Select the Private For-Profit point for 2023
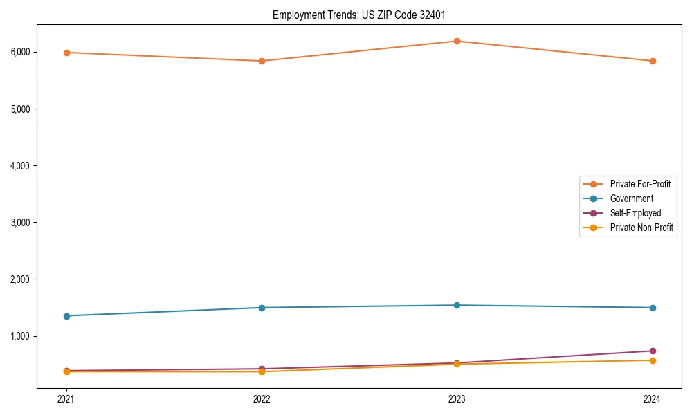tap(457, 41)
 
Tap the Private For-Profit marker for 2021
tap(66, 53)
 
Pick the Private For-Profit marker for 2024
tap(653, 61)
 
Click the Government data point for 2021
tap(66, 316)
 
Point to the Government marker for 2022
tap(262, 308)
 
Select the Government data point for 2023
tap(457, 305)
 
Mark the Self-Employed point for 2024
tap(653, 351)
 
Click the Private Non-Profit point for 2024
tap(653, 360)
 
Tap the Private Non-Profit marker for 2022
tap(262, 371)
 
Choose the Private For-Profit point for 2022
tap(262, 61)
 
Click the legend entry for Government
tap(631, 199)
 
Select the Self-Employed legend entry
tap(635, 213)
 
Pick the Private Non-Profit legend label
tap(641, 228)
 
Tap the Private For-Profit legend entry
tap(640, 184)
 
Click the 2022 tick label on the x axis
tap(262, 398)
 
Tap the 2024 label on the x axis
tap(653, 398)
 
